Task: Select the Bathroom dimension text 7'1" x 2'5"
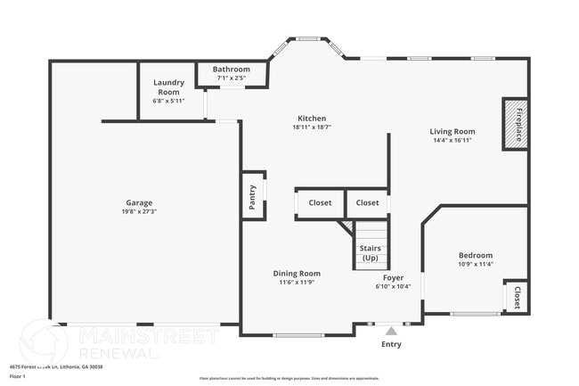pyautogui.click(x=231, y=78)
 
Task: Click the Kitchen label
pyautogui.click(x=312, y=119)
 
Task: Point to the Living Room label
pyautogui.click(x=453, y=131)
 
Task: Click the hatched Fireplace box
pyautogui.click(x=516, y=123)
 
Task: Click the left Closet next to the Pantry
pyautogui.click(x=320, y=203)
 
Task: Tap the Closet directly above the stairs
pyautogui.click(x=367, y=203)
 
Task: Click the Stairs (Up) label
pyautogui.click(x=370, y=253)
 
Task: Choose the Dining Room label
pyautogui.click(x=297, y=274)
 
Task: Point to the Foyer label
pyautogui.click(x=393, y=277)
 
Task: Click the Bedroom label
pyautogui.click(x=475, y=256)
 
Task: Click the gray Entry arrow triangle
pyautogui.click(x=390, y=331)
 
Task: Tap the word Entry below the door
pyautogui.click(x=391, y=344)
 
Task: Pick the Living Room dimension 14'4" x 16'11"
pyautogui.click(x=453, y=140)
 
